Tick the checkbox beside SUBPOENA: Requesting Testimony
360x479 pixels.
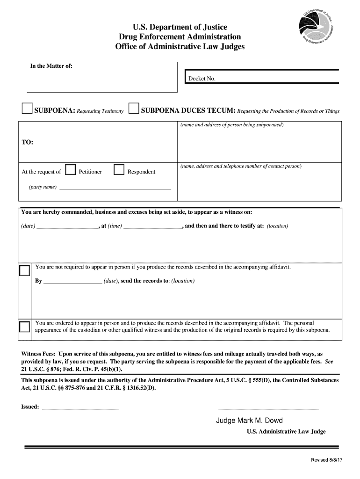click(x=27, y=109)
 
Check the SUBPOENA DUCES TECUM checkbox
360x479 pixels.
click(x=134, y=109)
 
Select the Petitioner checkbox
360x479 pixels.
click(x=71, y=169)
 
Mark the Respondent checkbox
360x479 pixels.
click(x=119, y=169)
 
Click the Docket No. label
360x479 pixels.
click(x=202, y=79)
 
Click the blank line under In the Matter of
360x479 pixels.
click(x=102, y=91)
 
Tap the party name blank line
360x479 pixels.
click(x=115, y=188)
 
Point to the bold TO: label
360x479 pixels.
click(x=27, y=142)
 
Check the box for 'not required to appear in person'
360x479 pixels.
click(x=25, y=271)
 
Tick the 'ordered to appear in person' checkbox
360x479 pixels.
click(x=25, y=326)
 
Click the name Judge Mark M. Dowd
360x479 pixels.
click(x=249, y=420)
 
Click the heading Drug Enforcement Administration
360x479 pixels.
click(x=180, y=36)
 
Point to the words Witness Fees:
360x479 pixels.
click(x=39, y=354)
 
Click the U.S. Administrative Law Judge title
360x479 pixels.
click(x=286, y=432)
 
